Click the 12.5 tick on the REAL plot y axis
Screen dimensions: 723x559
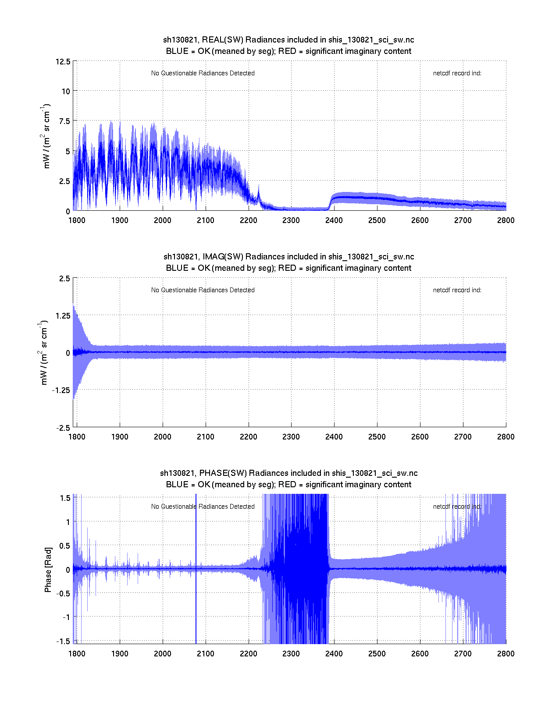tap(63, 61)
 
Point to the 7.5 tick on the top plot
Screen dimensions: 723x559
tap(64, 121)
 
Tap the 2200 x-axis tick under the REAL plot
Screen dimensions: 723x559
tap(248, 220)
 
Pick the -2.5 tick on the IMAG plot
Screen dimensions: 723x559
tap(63, 428)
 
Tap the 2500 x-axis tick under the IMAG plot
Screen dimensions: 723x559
tap(377, 437)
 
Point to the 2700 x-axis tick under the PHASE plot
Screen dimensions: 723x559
tap(463, 654)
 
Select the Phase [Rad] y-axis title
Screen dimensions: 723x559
tap(48, 569)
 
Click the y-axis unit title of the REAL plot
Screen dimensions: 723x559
tap(46, 136)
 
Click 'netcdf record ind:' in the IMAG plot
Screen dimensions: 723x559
tap(457, 290)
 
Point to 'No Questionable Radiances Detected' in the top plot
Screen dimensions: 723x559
tap(203, 73)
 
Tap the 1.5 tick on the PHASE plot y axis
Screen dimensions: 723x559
tap(65, 498)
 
